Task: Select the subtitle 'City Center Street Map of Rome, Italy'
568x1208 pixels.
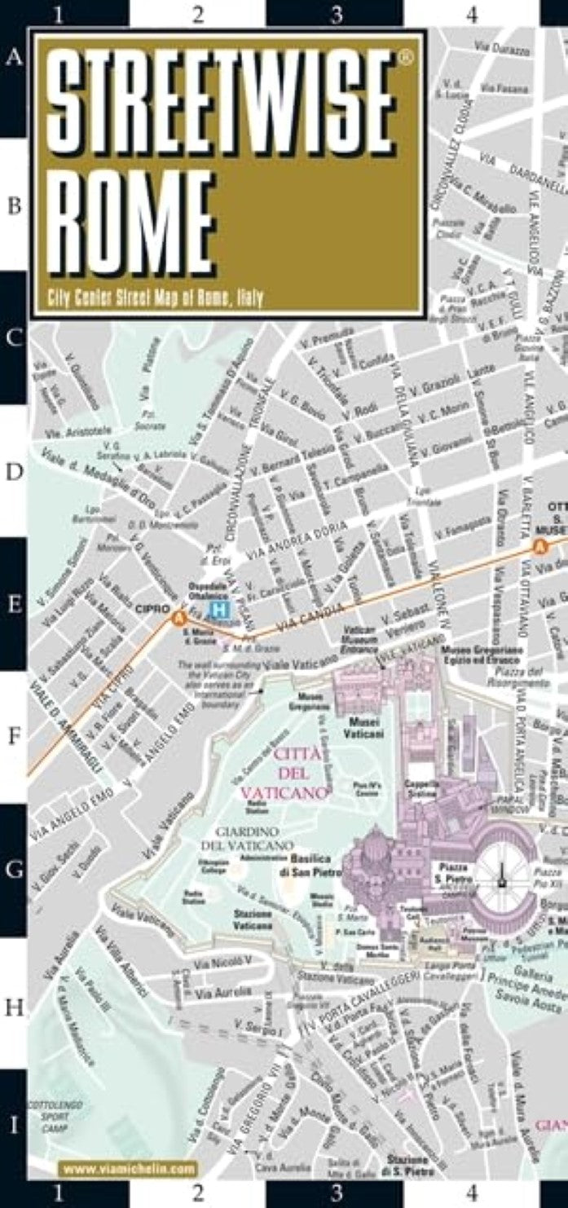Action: pos(155,298)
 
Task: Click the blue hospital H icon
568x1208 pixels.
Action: pos(218,609)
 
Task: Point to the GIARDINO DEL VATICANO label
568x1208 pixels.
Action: pos(241,837)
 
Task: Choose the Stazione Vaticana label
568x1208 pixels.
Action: pos(253,920)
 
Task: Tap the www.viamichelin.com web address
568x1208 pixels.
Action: pos(130,1169)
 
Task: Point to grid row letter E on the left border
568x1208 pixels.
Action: pos(14,604)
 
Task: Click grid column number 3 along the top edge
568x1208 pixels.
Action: pos(335,13)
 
